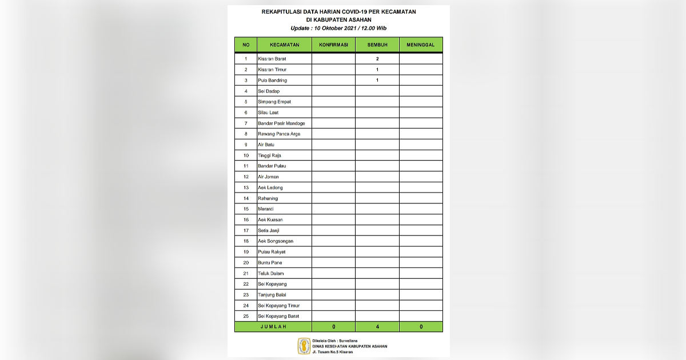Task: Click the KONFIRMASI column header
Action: (x=333, y=45)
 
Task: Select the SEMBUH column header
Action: (x=377, y=45)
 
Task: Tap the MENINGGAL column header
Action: (x=421, y=45)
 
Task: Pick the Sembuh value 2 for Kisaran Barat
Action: (x=377, y=59)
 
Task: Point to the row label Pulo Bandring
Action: (x=272, y=81)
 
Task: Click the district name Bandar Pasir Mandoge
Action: (x=281, y=123)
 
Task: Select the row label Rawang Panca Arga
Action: (x=279, y=134)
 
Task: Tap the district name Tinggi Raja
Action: (x=269, y=155)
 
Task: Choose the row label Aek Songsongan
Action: (x=276, y=241)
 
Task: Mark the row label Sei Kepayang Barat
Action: (x=278, y=316)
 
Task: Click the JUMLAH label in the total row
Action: (x=273, y=327)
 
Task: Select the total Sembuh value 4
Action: (x=377, y=327)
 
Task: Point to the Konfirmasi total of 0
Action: (x=333, y=327)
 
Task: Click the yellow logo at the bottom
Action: (x=304, y=346)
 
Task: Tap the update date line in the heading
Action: (x=339, y=28)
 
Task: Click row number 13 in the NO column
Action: (x=246, y=187)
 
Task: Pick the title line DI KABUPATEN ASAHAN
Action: (x=339, y=19)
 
